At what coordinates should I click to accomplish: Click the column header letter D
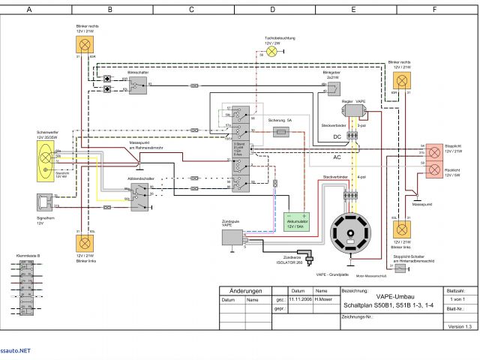click(272, 9)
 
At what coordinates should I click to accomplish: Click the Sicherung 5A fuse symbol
click(283, 131)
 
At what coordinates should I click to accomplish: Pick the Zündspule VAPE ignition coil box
click(232, 237)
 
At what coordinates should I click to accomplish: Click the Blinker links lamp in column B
click(82, 241)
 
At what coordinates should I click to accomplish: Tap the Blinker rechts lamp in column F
click(402, 79)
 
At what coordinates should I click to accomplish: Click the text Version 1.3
click(460, 326)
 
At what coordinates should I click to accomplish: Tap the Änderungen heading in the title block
click(245, 291)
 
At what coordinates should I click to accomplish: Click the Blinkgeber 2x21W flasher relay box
click(333, 88)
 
